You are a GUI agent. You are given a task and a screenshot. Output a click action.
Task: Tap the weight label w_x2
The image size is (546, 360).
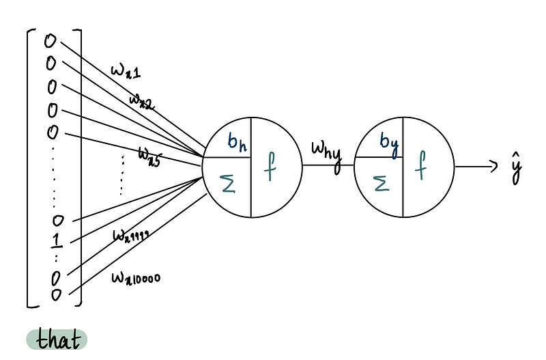tap(143, 103)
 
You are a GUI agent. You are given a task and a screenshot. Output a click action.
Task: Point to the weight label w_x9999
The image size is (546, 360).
tap(131, 236)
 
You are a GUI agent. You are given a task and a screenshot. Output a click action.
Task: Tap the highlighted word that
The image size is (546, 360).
tap(58, 340)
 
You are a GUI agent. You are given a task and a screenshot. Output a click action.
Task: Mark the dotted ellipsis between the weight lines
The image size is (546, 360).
tap(122, 174)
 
